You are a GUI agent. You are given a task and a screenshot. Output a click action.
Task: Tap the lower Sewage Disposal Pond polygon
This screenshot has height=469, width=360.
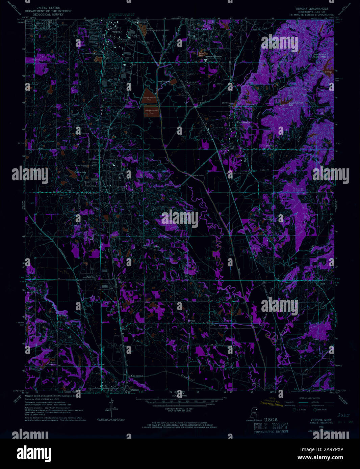(x=152, y=112)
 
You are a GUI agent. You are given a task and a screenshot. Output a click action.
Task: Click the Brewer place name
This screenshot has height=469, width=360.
(x=191, y=321)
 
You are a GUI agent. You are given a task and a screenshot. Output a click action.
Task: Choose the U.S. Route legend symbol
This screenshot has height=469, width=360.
(x=294, y=410)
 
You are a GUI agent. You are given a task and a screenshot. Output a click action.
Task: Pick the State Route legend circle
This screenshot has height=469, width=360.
(x=315, y=410)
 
